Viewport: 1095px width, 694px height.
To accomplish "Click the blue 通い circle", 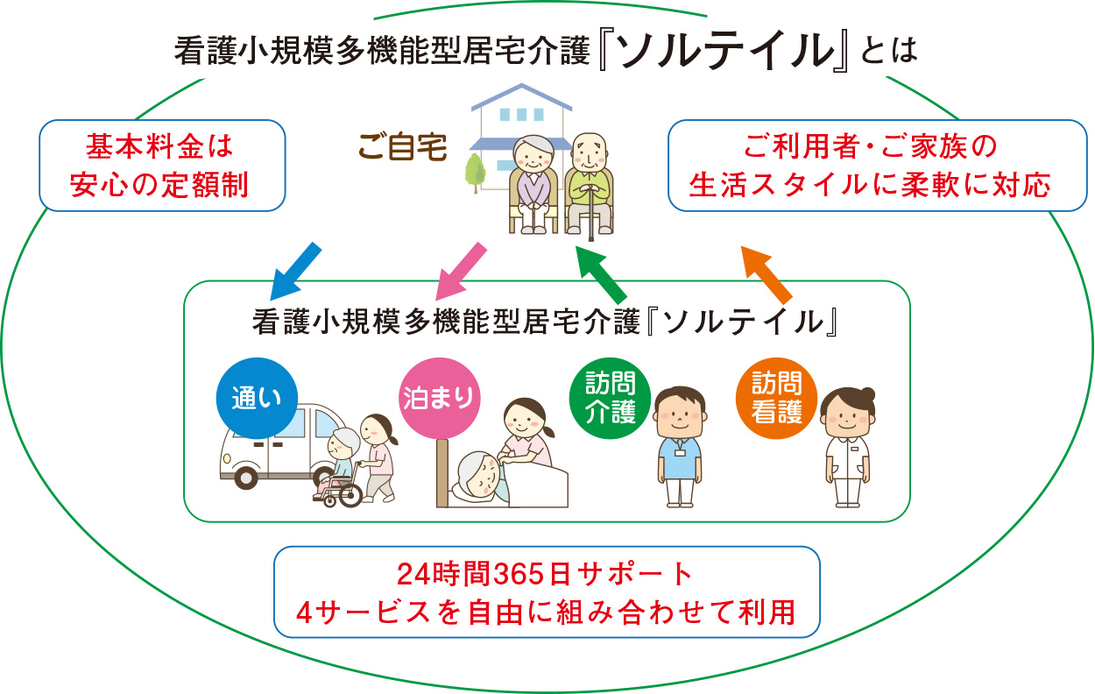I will tap(257, 398).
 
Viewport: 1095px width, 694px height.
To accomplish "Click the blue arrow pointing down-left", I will tap(294, 271).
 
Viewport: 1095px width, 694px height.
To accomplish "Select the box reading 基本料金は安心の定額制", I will tap(163, 166).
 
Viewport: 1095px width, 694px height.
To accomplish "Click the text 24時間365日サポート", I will tap(545, 575).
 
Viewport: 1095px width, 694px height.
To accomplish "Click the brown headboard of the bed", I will tap(442, 473).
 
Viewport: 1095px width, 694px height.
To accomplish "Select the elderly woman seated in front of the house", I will tap(533, 184).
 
